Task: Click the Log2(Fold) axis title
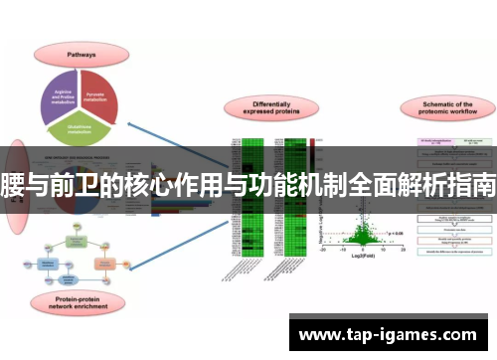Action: [x=362, y=257]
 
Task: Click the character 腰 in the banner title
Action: [x=15, y=184]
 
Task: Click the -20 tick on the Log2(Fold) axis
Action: [x=323, y=250]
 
